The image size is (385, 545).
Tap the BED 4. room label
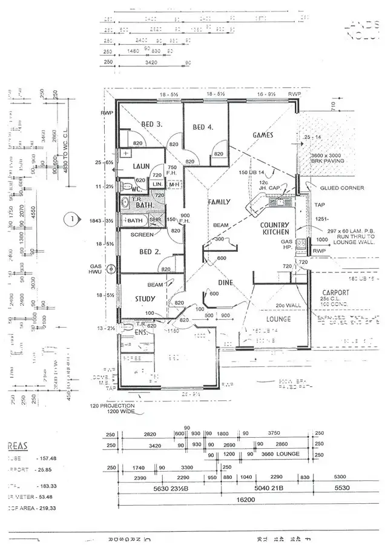pos(203,127)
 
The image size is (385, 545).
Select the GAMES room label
pos(263,135)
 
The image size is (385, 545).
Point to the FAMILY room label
pos(219,201)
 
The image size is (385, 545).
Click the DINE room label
pos(225,282)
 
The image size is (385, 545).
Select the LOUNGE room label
pos(278,319)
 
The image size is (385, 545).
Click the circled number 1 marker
pos(72,218)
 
